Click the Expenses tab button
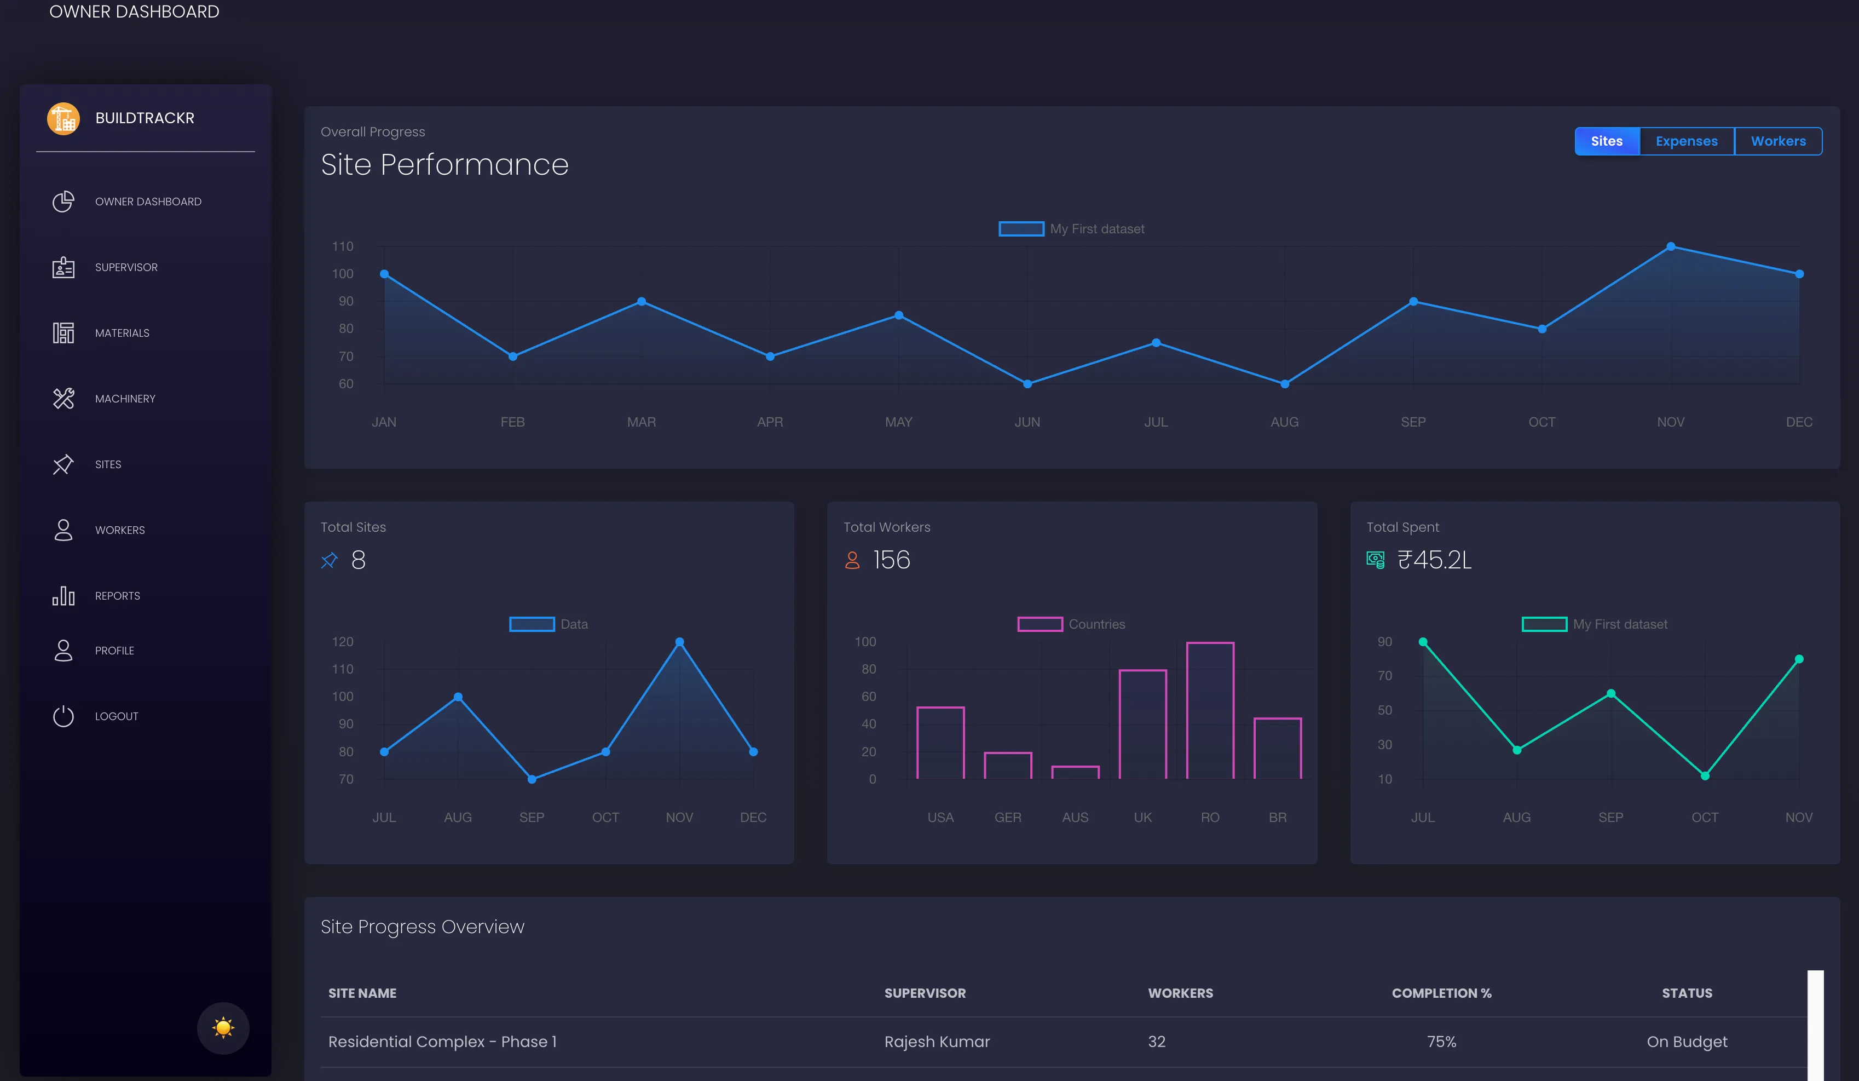[1687, 141]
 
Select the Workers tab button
[1778, 141]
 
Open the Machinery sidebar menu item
[125, 399]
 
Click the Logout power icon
[63, 716]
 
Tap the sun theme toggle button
[223, 1028]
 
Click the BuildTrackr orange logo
[63, 118]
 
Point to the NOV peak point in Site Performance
[1671, 246]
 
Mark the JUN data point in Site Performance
[1027, 384]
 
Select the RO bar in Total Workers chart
[1210, 711]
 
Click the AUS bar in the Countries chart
[1075, 772]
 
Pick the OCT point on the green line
[1705, 775]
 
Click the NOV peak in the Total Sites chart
[679, 642]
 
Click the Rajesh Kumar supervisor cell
[937, 1041]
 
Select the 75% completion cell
[1441, 1041]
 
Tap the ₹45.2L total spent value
[1434, 560]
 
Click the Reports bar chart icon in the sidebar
[63, 595]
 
